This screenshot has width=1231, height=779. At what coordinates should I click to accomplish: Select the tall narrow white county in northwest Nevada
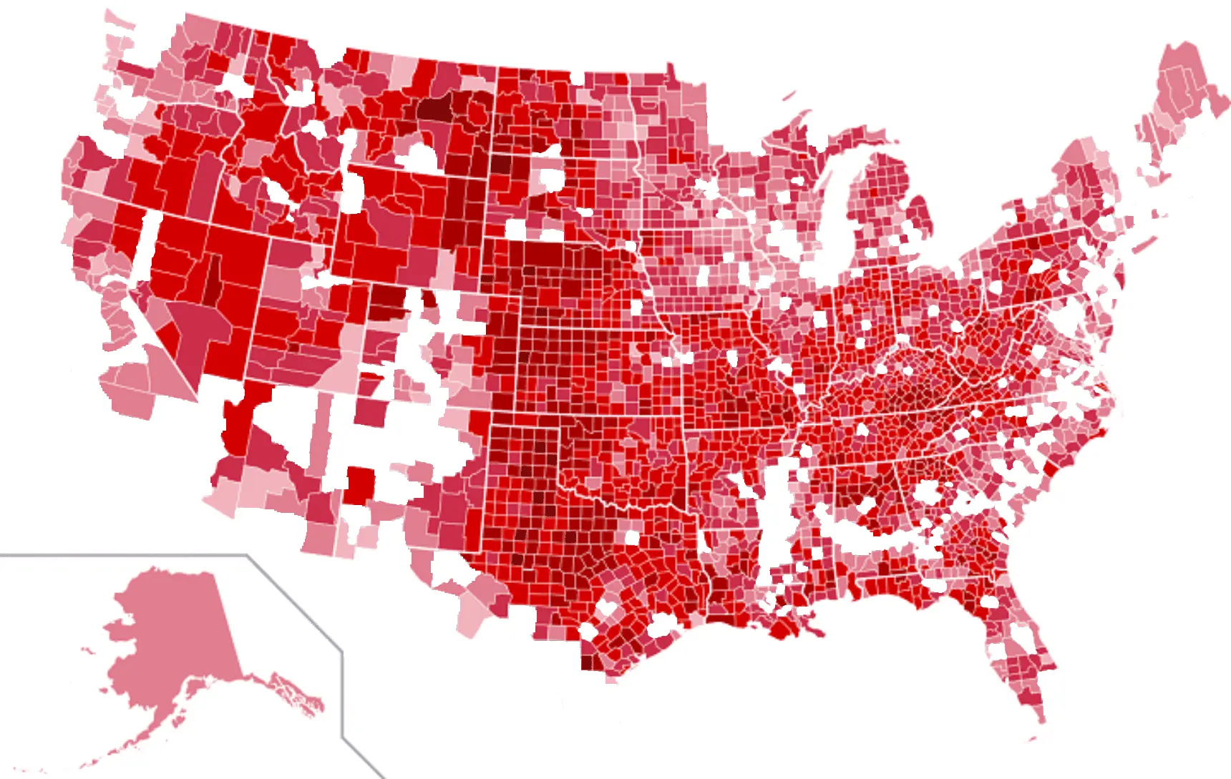click(147, 247)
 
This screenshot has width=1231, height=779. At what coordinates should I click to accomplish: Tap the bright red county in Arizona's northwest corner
click(236, 426)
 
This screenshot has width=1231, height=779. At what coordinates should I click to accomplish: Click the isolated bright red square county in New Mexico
click(360, 486)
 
